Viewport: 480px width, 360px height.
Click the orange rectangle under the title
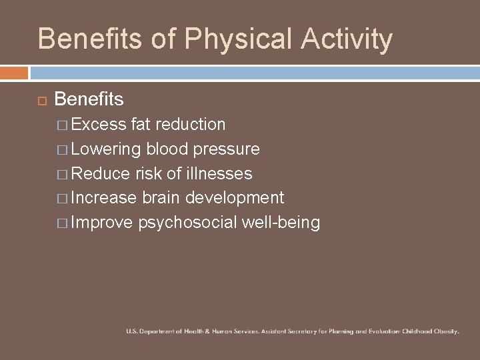14,72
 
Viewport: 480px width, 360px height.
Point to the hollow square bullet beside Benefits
41,100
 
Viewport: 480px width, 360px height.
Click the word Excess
99,124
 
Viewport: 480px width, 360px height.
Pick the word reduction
189,124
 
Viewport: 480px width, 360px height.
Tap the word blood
167,149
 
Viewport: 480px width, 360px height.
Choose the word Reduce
101,173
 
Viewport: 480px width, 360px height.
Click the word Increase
105,198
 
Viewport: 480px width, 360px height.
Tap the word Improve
102,223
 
